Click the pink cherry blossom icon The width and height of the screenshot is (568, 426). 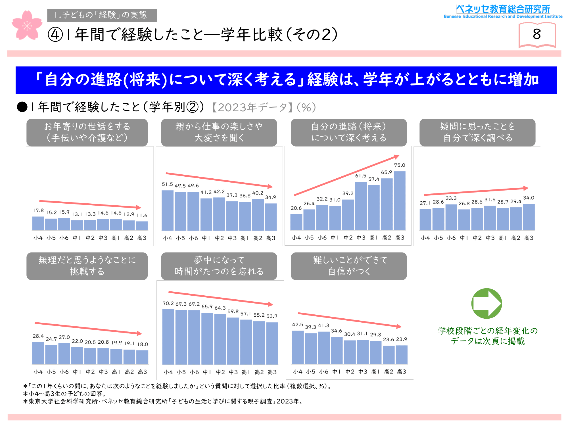(x=27, y=26)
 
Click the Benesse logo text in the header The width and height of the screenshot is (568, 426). (x=503, y=12)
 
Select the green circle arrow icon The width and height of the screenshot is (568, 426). (x=486, y=303)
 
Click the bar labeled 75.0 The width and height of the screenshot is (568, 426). (x=400, y=201)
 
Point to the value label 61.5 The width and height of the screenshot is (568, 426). (x=361, y=176)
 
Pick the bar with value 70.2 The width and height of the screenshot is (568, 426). (x=168, y=337)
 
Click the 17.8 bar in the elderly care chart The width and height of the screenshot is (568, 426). (x=38, y=223)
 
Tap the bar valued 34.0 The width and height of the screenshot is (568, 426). (x=529, y=217)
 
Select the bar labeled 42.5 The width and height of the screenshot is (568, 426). (x=298, y=347)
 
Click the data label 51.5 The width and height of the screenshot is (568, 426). (x=167, y=184)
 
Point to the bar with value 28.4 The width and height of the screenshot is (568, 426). (x=38, y=353)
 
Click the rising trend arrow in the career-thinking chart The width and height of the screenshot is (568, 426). (x=346, y=176)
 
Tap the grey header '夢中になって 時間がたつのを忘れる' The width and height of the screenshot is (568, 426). (x=219, y=266)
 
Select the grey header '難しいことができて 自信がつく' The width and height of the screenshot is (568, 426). (x=349, y=266)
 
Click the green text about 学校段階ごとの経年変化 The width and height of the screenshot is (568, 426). (x=488, y=336)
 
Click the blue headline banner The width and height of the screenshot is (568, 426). (x=286, y=80)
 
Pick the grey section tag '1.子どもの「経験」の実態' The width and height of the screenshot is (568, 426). (x=102, y=15)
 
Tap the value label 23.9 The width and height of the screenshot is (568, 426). (x=402, y=339)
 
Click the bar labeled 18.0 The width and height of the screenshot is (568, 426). (x=142, y=357)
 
